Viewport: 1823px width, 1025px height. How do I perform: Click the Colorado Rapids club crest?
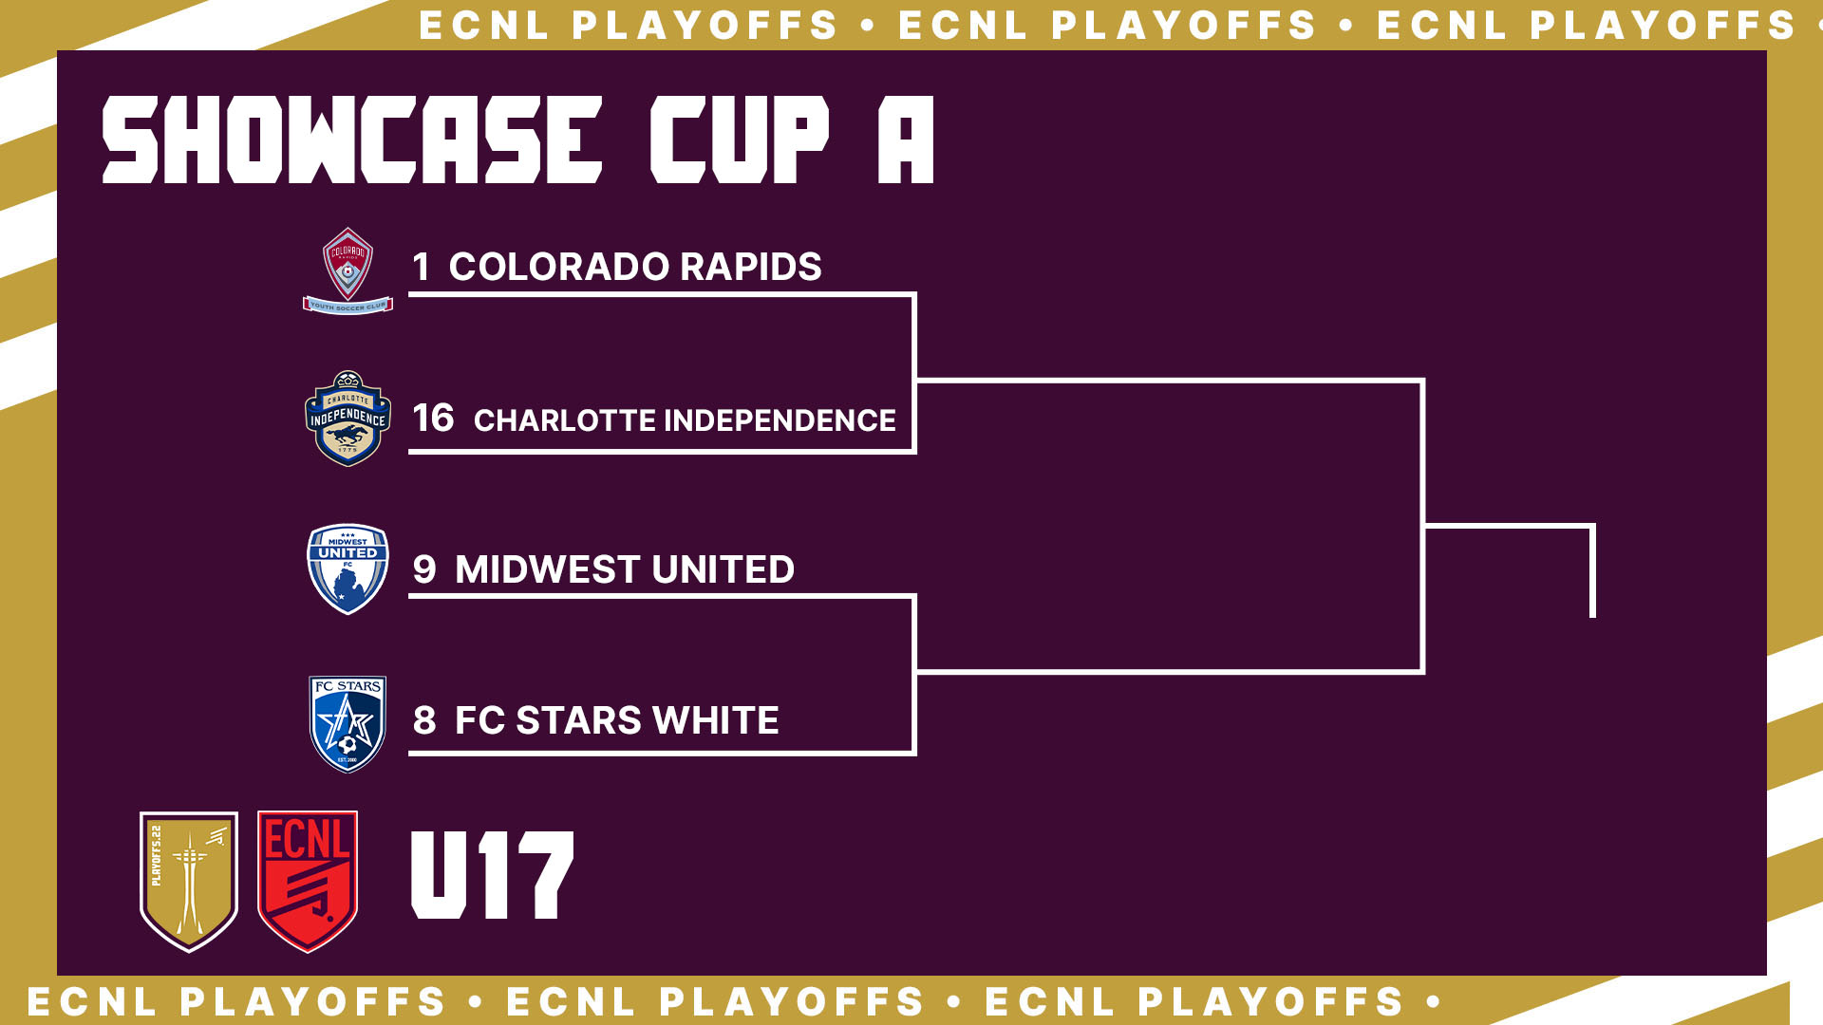click(x=348, y=270)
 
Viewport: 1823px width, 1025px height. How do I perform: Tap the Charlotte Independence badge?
click(x=348, y=419)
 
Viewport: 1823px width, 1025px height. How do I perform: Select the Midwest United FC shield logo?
click(x=348, y=569)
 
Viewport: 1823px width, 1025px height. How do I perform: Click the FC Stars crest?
click(x=348, y=724)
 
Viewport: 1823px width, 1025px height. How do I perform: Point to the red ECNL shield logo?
click(x=308, y=881)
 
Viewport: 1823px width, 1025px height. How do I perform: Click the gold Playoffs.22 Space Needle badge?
click(x=189, y=881)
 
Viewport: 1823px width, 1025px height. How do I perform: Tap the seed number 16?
click(x=433, y=419)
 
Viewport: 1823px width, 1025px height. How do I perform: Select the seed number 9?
click(x=424, y=569)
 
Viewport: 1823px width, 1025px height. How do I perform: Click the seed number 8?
click(x=424, y=720)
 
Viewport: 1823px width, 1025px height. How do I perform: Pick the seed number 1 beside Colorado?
click(x=421, y=267)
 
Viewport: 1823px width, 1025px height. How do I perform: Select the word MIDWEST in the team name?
click(x=547, y=569)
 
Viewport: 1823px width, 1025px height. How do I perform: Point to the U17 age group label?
click(x=492, y=875)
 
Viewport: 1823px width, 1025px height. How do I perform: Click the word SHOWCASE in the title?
click(x=352, y=140)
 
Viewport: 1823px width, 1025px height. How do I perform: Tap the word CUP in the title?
click(x=740, y=140)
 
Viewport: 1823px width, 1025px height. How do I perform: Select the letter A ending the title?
click(x=906, y=140)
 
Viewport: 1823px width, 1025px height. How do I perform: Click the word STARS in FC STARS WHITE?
click(x=578, y=720)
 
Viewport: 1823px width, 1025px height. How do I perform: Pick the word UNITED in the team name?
click(x=723, y=569)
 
